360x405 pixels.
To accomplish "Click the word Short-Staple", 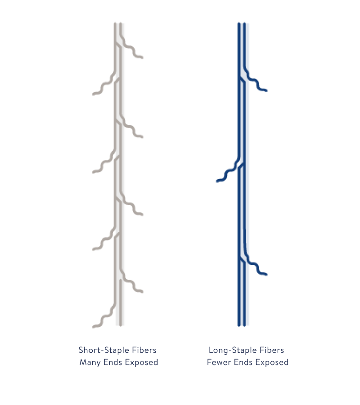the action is (104, 350).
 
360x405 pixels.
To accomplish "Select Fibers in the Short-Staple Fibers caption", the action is (144, 350).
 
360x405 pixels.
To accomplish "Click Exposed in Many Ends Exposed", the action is (141, 362).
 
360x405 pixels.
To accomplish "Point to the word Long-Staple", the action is (232, 350).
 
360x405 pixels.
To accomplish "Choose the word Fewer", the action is (219, 362).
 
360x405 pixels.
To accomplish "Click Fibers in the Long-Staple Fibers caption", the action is (272, 350).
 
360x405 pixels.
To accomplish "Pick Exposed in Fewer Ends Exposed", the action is (272, 362).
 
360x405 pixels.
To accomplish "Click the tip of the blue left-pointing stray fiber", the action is (217, 181).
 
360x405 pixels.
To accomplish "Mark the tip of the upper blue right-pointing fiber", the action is (266, 90).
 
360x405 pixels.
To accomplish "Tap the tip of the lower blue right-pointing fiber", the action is (266, 274).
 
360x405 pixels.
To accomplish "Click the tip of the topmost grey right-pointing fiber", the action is (142, 57).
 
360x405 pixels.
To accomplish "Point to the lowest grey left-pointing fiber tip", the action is (93, 327).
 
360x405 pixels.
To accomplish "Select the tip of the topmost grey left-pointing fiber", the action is (93, 94).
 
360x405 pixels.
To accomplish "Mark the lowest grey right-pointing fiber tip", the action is (142, 292).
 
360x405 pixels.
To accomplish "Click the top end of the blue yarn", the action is (242, 23).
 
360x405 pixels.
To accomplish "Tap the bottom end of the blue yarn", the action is (242, 325).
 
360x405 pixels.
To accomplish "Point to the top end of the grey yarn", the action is (118, 23).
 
